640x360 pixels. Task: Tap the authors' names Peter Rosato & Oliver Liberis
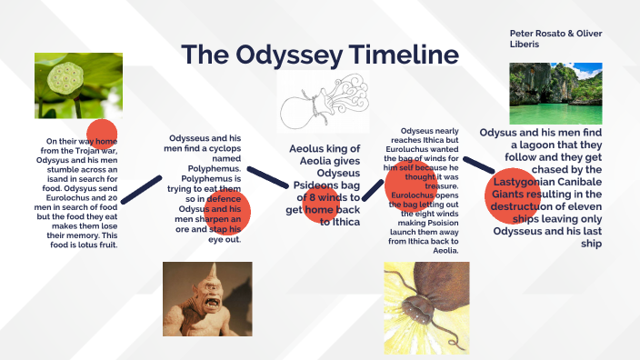(555, 39)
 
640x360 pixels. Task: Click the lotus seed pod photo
(78, 85)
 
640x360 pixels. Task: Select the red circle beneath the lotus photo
(101, 135)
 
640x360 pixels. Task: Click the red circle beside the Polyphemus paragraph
(227, 211)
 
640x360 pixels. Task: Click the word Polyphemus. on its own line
(215, 169)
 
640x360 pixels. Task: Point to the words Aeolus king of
(325, 149)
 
